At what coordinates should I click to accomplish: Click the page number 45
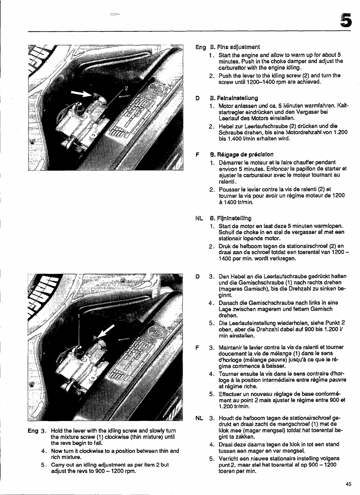(x=348, y=484)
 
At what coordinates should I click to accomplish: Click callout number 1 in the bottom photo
(x=79, y=315)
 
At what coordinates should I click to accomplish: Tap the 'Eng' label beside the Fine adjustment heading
(x=200, y=47)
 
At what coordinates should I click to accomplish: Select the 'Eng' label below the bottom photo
(x=33, y=431)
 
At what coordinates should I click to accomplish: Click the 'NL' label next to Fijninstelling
(x=199, y=218)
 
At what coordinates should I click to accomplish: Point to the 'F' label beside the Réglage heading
(x=197, y=154)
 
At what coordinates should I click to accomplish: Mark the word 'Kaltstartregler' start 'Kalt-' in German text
(x=342, y=105)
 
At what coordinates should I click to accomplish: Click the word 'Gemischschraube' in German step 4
(x=259, y=302)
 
